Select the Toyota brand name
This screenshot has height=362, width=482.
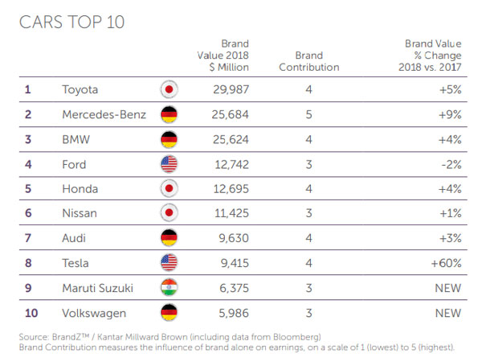pyautogui.click(x=82, y=88)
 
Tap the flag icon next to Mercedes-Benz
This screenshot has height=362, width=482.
pyautogui.click(x=169, y=113)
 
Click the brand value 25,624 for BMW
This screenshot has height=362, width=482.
pyautogui.click(x=230, y=138)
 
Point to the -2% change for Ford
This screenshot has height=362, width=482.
pyautogui.click(x=449, y=163)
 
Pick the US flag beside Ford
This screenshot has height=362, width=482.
pyautogui.click(x=169, y=163)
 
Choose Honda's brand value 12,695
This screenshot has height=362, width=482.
pyautogui.click(x=230, y=188)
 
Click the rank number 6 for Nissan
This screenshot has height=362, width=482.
pyautogui.click(x=27, y=213)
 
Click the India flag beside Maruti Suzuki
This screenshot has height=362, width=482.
pyautogui.click(x=169, y=288)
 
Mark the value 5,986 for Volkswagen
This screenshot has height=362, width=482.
pyautogui.click(x=232, y=313)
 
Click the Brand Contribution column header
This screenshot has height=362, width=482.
pyautogui.click(x=309, y=62)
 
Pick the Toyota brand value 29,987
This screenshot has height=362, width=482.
pyautogui.click(x=230, y=88)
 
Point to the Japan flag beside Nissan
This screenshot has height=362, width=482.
pyautogui.click(x=169, y=213)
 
